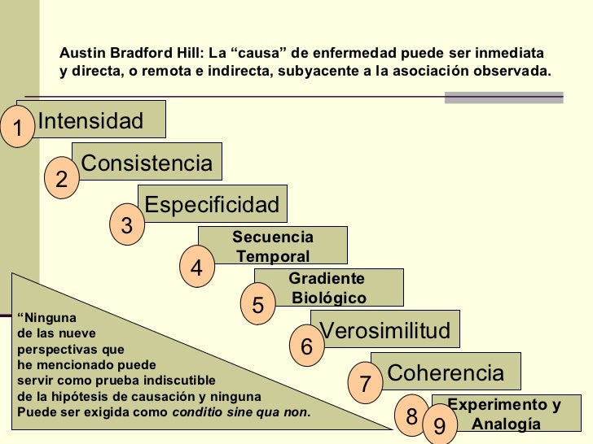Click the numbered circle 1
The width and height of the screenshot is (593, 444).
(15, 126)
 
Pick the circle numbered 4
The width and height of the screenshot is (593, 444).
(196, 266)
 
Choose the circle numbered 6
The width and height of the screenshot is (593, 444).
(306, 346)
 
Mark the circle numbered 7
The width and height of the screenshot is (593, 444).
(365, 383)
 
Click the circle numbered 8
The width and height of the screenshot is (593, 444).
(411, 416)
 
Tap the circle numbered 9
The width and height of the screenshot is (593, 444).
(439, 426)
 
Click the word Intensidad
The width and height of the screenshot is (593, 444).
(90, 121)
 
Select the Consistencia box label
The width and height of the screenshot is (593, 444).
(147, 163)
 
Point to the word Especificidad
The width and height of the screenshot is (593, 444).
(212, 204)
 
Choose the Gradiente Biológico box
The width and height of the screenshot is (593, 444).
(328, 288)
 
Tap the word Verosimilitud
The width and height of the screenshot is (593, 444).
(385, 330)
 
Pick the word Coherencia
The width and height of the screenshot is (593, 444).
(446, 373)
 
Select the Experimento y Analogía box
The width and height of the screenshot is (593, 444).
(505, 414)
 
